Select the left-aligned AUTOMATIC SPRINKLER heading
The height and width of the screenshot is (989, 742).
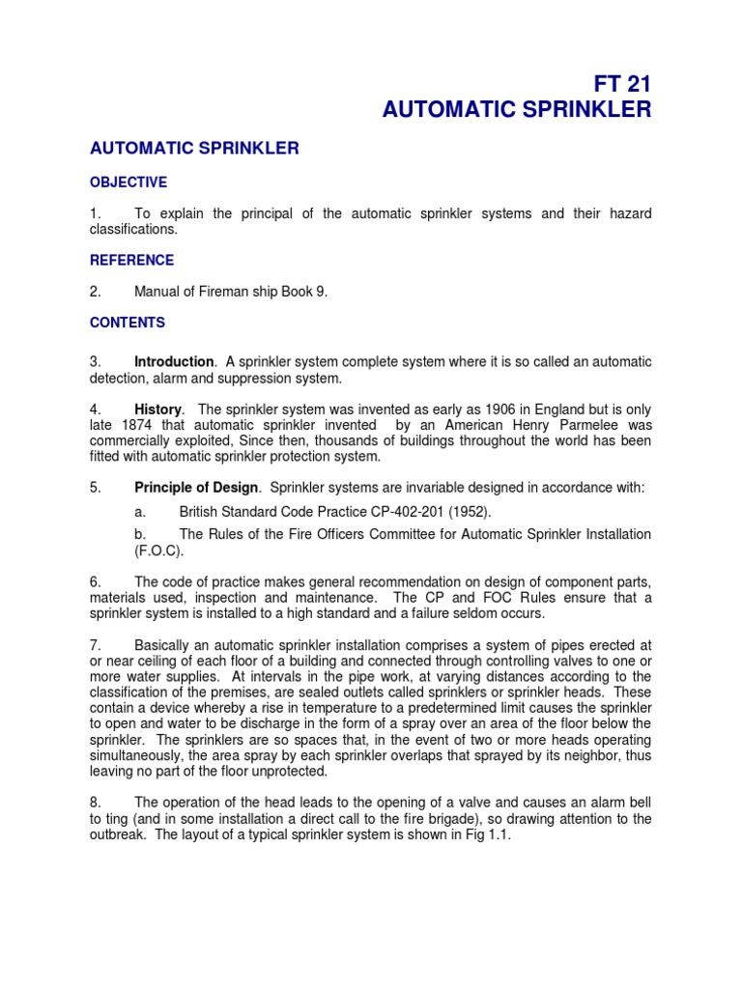[x=194, y=149]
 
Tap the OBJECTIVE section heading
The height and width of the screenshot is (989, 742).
[x=128, y=182]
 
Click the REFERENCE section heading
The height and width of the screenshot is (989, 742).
[x=131, y=260]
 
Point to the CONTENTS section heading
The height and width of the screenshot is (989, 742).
[x=128, y=323]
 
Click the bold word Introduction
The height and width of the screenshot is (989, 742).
[x=174, y=362]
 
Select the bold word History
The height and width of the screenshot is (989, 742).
[x=157, y=410]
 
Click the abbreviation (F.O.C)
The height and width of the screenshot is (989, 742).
[x=157, y=551]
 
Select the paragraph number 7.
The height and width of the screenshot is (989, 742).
[x=95, y=645]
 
